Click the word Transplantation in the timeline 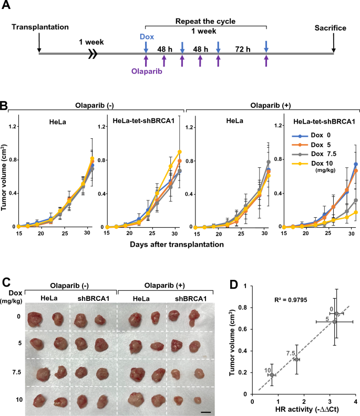39,27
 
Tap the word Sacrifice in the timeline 333,27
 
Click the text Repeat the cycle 205,23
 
